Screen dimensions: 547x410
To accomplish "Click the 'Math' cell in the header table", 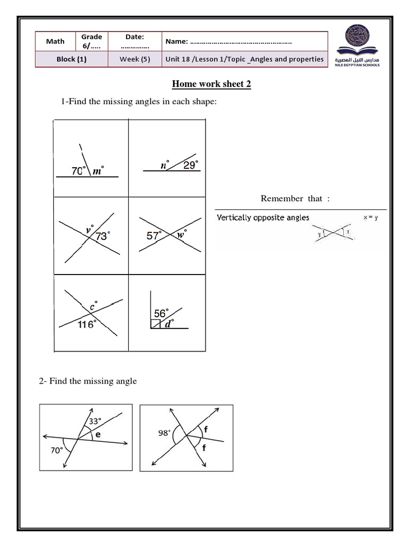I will (x=55, y=41).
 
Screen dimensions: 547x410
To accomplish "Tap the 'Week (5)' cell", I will (x=135, y=59).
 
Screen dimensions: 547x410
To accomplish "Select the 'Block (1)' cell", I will (x=72, y=59).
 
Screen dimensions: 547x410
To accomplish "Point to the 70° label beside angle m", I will (x=79, y=171).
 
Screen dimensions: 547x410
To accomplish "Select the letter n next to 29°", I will (x=164, y=166).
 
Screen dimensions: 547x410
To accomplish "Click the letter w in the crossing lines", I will (x=180, y=234).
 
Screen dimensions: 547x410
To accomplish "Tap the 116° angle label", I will (x=85, y=324).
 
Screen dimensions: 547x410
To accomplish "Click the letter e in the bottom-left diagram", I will (x=98, y=435).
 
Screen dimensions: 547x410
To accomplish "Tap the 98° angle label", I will (x=164, y=433).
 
